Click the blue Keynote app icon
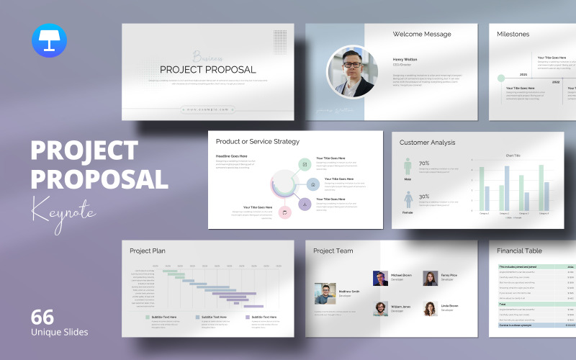pyautogui.click(x=48, y=40)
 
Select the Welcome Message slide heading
pyautogui.click(x=422, y=34)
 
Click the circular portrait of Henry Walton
pyautogui.click(x=352, y=72)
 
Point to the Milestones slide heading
pyautogui.click(x=513, y=34)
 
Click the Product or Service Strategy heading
pyautogui.click(x=258, y=141)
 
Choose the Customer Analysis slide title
pyautogui.click(x=428, y=143)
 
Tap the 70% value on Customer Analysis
pyautogui.click(x=424, y=163)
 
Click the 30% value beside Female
pyautogui.click(x=424, y=197)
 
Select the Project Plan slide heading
pyautogui.click(x=148, y=251)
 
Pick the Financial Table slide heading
pyautogui.click(x=519, y=251)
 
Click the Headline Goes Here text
pyautogui.click(x=232, y=156)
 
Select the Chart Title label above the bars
pyautogui.click(x=513, y=155)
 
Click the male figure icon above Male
pyautogui.click(x=408, y=166)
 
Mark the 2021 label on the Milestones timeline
pyautogui.click(x=523, y=74)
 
